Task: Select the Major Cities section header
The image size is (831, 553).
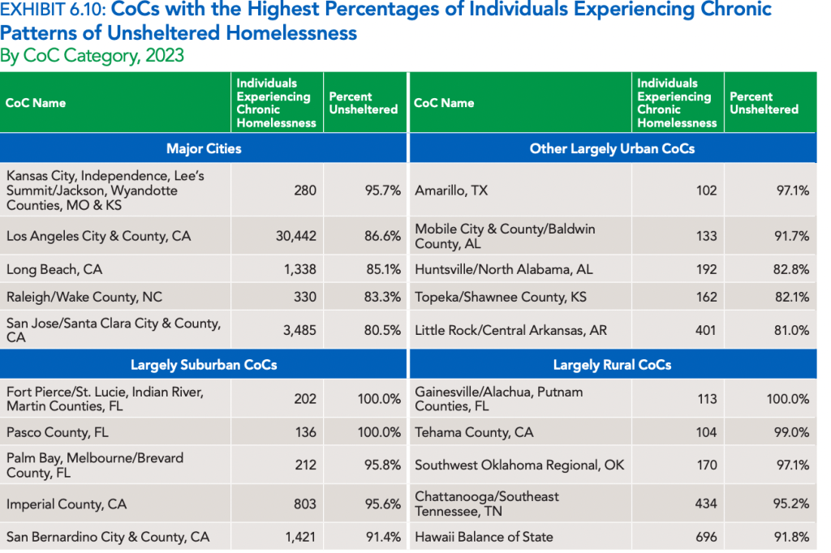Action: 204,148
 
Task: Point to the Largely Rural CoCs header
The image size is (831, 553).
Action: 612,365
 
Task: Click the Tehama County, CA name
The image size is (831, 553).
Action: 474,432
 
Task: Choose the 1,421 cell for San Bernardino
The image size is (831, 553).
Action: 297,537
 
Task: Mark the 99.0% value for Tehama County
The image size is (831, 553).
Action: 790,432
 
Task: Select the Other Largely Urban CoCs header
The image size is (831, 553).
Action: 612,148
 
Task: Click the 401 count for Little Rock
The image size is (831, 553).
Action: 706,331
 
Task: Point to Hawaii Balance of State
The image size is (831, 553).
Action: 484,537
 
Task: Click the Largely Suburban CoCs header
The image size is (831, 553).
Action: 204,365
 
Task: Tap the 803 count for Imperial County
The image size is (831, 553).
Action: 305,504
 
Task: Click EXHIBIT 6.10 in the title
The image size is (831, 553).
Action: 53,11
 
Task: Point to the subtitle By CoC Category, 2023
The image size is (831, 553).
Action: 92,56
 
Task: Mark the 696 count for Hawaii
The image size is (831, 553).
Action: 706,537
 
